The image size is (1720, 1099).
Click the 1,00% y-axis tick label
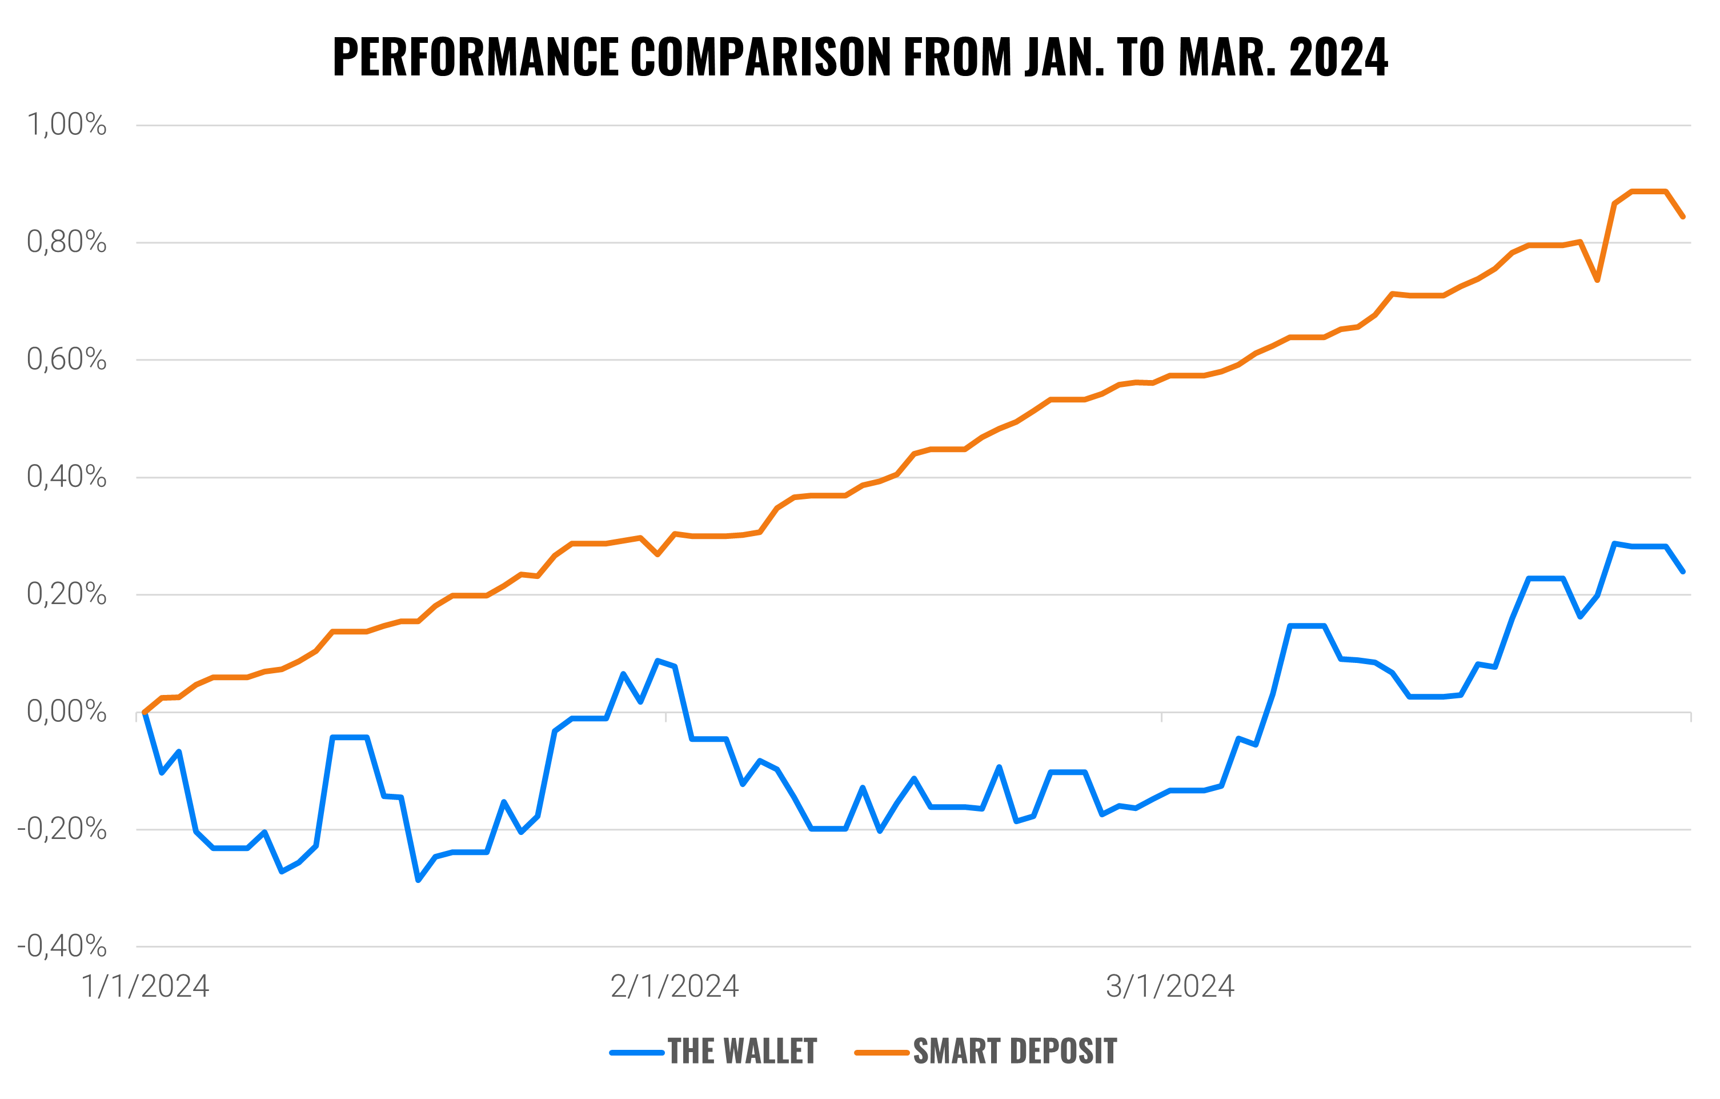66,125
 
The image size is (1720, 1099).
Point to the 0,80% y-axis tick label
66,242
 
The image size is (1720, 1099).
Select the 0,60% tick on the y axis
66,359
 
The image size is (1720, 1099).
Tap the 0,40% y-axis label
66,477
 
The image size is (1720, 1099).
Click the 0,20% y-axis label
66,594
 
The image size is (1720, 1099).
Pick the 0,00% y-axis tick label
66,712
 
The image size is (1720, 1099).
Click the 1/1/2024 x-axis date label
145,986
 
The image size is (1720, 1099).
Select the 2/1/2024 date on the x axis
674,986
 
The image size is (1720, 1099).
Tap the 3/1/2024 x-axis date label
1170,986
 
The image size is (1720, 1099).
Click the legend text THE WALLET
742,1051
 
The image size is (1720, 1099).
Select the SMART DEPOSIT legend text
1015,1051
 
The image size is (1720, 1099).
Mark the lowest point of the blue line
419,880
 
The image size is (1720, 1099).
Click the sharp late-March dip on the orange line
1597,280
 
